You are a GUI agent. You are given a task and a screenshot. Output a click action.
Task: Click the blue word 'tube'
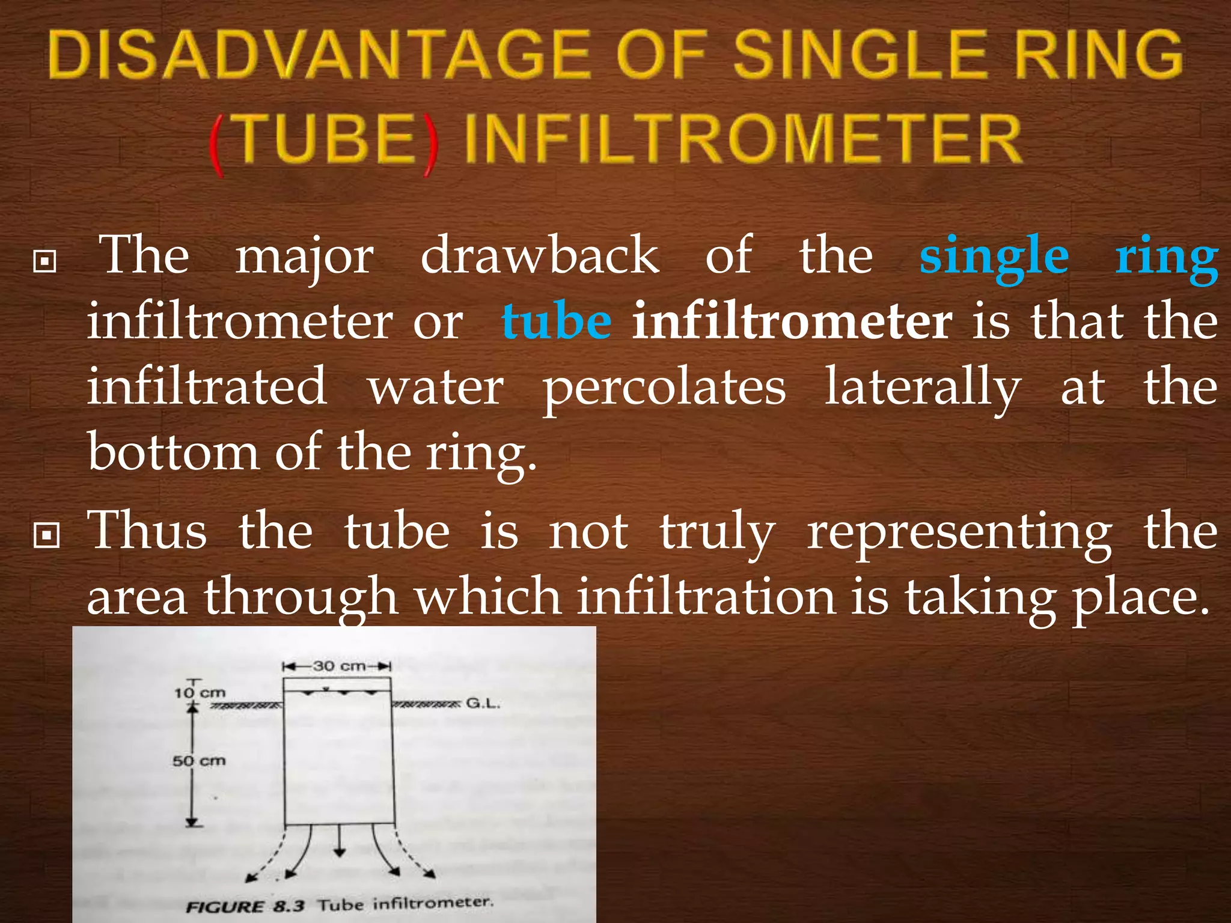pyautogui.click(x=557, y=322)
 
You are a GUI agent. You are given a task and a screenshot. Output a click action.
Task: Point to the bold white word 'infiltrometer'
pyautogui.click(x=792, y=322)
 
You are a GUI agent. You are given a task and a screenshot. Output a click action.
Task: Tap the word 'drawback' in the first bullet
pyautogui.click(x=539, y=256)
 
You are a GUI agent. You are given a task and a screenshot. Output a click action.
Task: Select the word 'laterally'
pyautogui.click(x=922, y=388)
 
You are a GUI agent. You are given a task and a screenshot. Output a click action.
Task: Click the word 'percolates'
pyautogui.click(x=664, y=388)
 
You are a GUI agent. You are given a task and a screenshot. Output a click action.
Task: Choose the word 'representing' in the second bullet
pyautogui.click(x=959, y=532)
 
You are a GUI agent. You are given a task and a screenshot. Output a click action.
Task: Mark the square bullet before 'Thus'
pyautogui.click(x=46, y=534)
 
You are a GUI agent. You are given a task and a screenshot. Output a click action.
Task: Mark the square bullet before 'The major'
pyautogui.click(x=45, y=262)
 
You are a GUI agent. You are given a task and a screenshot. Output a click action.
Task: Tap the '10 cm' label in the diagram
pyautogui.click(x=200, y=693)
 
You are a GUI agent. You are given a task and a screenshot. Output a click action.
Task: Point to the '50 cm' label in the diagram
pyautogui.click(x=199, y=761)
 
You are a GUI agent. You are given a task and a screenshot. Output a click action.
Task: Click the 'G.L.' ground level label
pyautogui.click(x=483, y=703)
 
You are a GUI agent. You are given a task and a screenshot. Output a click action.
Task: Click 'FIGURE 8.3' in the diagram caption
pyautogui.click(x=245, y=906)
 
